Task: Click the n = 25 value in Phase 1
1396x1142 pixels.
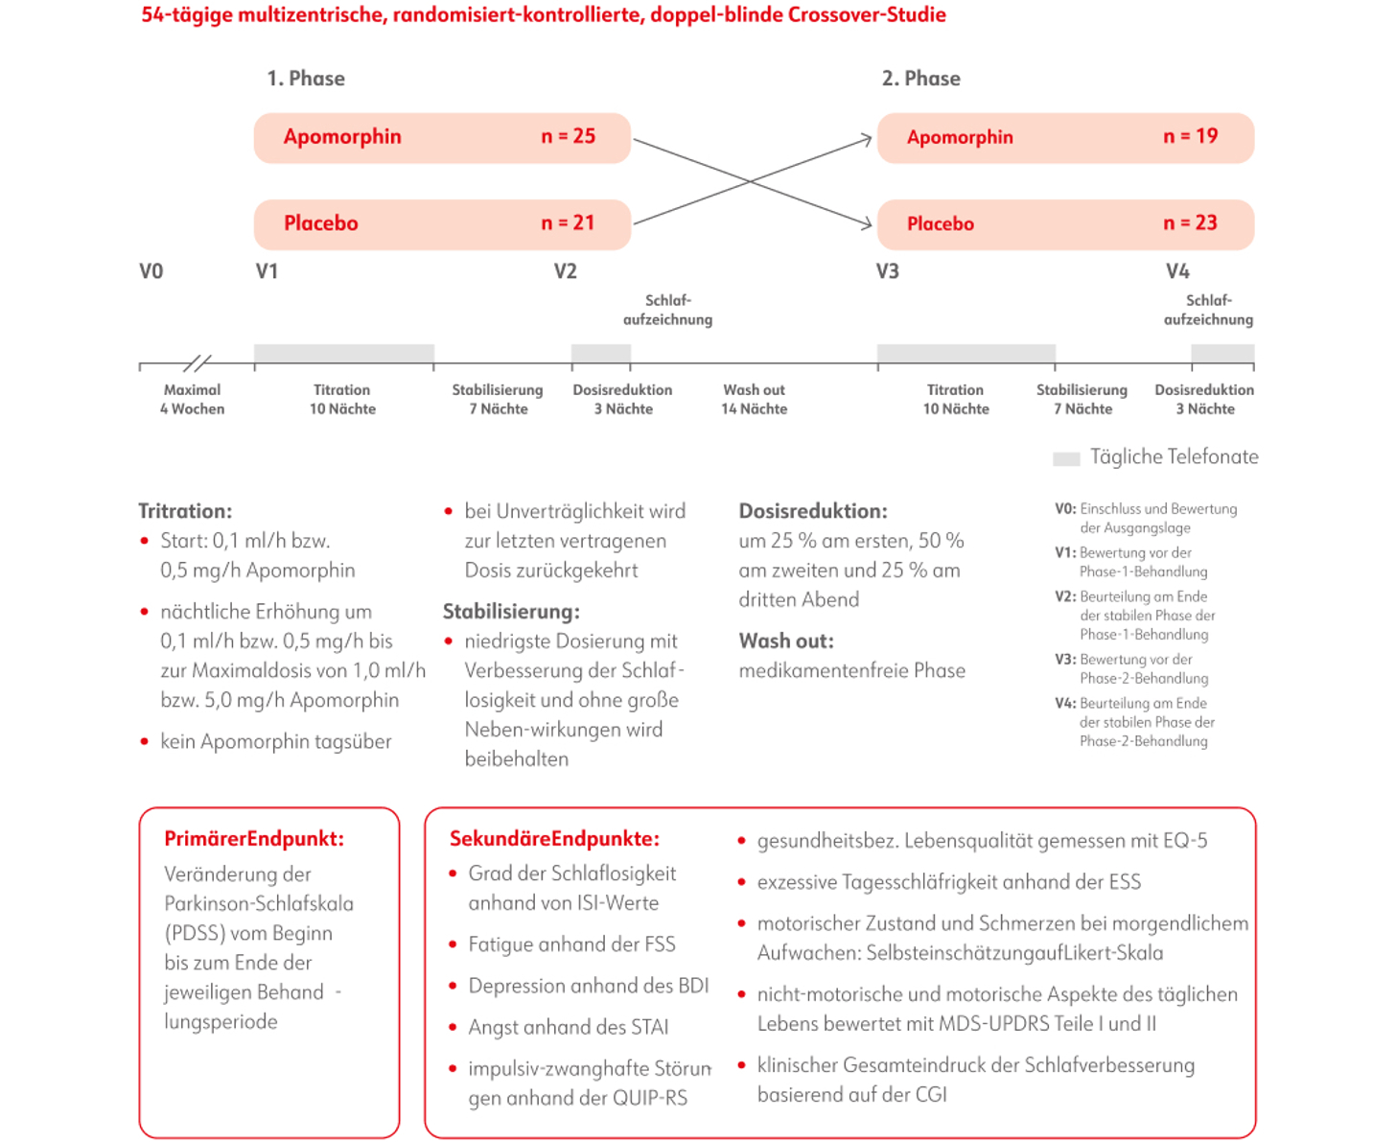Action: pos(568,136)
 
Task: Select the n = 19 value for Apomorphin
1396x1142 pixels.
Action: pos(1190,136)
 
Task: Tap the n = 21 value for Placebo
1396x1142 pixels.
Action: pos(568,222)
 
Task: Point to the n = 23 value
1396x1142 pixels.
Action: pos(1190,222)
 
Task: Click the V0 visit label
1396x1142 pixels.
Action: pos(151,271)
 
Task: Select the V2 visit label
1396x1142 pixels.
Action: pos(565,271)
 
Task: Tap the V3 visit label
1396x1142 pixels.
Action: pos(887,271)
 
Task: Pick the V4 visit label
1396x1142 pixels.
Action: pos(1177,271)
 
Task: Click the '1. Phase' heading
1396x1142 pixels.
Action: pos(306,79)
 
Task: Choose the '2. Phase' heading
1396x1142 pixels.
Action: pos(920,79)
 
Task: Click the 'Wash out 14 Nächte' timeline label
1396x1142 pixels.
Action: pos(754,399)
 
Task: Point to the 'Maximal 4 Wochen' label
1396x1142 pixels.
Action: pos(192,399)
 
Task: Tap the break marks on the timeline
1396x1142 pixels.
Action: pos(197,363)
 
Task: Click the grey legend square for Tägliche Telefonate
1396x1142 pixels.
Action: pos(1066,458)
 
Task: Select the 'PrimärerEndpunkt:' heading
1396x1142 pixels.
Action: pos(253,839)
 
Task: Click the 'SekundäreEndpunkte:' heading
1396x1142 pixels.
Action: pos(554,839)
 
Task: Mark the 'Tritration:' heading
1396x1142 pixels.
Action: pos(185,511)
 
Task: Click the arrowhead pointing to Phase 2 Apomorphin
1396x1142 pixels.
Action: pos(866,140)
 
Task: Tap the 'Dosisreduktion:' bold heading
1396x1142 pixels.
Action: pos(812,511)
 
